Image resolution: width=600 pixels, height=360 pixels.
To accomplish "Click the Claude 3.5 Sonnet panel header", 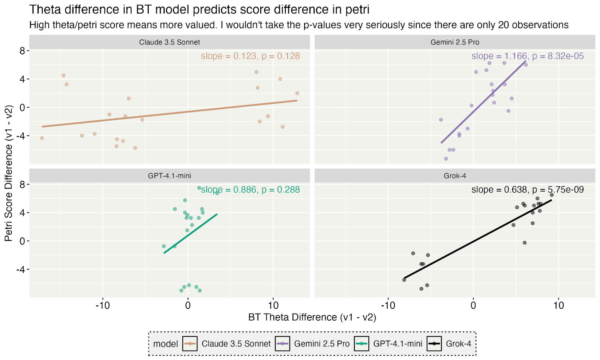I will click(169, 42).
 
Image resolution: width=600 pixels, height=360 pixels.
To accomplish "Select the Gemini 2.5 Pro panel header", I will click(454, 42).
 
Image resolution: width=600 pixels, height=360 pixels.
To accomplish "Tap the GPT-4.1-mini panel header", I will click(169, 176).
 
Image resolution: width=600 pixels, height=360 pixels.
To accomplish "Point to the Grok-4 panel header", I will click(454, 176).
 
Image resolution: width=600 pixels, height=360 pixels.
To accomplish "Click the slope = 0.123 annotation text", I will click(250, 56).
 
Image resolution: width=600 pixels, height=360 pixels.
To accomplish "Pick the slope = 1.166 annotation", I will click(527, 56).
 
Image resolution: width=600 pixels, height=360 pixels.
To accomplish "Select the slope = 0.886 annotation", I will click(250, 190).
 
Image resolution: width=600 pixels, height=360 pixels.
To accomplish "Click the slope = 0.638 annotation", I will click(527, 190).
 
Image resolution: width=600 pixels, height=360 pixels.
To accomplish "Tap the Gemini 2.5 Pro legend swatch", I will click(282, 344).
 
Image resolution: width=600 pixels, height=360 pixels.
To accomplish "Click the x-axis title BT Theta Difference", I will click(312, 318).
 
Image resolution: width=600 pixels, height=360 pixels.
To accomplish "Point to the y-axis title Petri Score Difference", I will click(9, 173).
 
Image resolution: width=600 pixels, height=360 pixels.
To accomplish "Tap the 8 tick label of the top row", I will click(22, 51).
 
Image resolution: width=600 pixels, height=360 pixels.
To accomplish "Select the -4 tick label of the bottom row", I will click(20, 270).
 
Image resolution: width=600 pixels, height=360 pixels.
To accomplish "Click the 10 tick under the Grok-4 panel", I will click(558, 306).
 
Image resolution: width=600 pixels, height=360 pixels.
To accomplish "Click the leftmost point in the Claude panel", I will click(42, 138).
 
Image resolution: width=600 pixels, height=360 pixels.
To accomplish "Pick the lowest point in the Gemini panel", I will click(446, 159).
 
